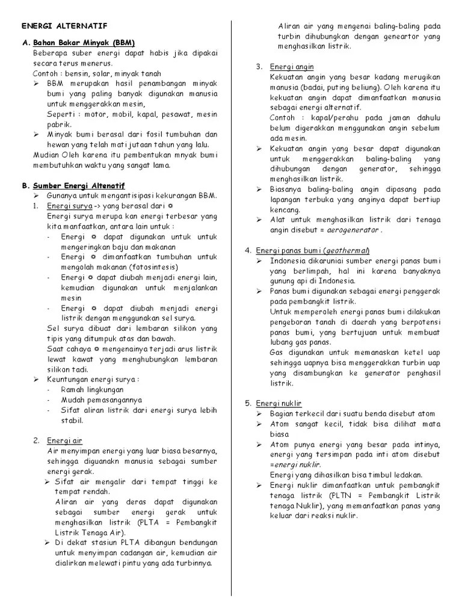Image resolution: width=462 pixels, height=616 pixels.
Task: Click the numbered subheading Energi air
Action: [66, 440]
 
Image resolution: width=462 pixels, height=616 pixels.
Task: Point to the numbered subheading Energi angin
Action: [292, 66]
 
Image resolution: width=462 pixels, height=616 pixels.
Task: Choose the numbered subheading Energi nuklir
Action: [279, 402]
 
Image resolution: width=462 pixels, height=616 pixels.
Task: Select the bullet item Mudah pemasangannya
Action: [101, 400]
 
